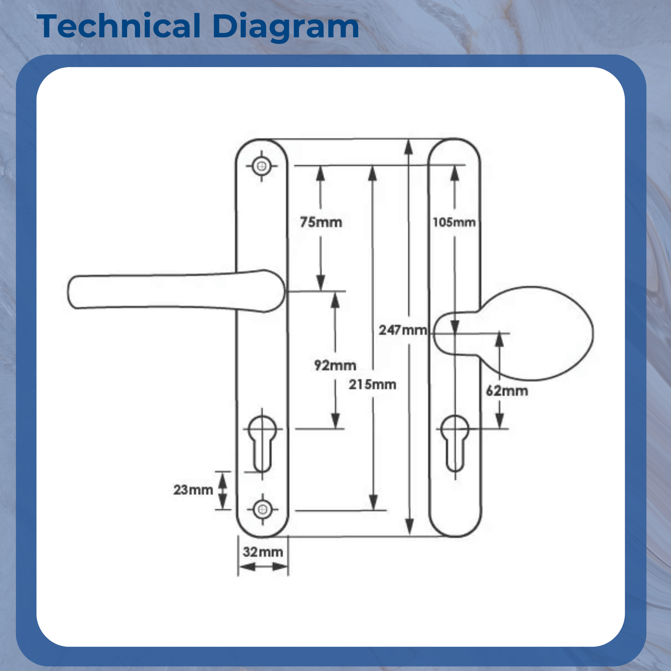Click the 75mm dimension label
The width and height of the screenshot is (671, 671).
pos(321,222)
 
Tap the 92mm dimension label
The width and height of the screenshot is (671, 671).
pos(335,365)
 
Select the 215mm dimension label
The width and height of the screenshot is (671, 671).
pos(372,384)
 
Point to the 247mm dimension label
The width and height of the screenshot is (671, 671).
pos(403,330)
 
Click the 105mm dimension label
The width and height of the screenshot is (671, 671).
pos(454,222)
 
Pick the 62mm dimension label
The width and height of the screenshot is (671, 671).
pos(507,391)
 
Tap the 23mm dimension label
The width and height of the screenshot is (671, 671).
pos(193,489)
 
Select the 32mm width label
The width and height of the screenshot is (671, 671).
pos(263,551)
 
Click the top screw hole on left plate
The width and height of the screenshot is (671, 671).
pos(262,166)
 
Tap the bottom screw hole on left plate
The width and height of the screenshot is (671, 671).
pos(263,510)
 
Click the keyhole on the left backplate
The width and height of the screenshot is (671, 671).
pos(263,442)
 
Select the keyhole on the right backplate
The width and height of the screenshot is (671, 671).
pos(455,442)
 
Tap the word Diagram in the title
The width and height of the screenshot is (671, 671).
pos(286,26)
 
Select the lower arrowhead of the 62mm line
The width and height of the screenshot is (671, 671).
pos(500,421)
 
